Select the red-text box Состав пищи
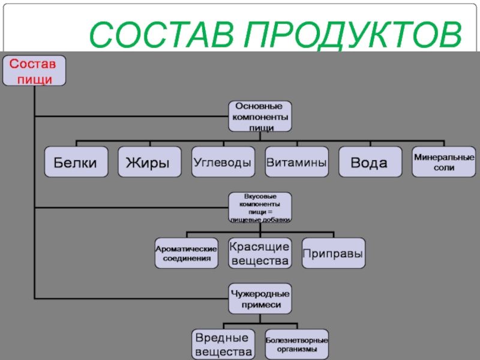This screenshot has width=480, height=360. (x=34, y=70)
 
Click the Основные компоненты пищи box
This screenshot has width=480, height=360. (x=260, y=116)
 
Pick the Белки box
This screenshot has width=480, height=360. (x=76, y=162)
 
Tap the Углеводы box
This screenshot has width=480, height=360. (x=223, y=162)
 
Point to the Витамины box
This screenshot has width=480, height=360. (x=296, y=162)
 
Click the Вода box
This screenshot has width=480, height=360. (x=370, y=162)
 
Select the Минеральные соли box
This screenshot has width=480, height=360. (x=443, y=162)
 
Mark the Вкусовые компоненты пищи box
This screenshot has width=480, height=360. (x=260, y=208)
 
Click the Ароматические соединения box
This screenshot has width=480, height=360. (x=186, y=253)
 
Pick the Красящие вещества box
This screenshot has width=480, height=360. (x=260, y=253)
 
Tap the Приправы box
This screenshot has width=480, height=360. (x=333, y=253)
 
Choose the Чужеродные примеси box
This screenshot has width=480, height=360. (x=260, y=299)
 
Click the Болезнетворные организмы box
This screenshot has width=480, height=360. (x=296, y=344)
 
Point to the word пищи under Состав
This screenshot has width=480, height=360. (x=34, y=79)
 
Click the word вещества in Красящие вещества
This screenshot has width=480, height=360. (x=260, y=261)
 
